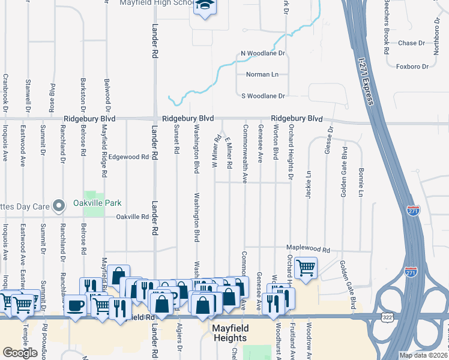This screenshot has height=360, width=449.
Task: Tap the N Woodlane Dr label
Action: (262, 53)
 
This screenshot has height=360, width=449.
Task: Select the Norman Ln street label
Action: (262, 74)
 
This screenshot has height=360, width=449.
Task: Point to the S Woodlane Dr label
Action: (262, 95)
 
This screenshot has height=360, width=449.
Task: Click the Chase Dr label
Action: (411, 43)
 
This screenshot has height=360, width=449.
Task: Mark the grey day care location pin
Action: (58, 206)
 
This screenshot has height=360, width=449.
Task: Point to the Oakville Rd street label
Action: (132, 217)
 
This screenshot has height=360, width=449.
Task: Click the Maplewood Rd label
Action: (309, 250)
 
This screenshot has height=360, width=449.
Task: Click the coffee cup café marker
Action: (76, 305)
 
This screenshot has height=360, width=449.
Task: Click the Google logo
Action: (20, 353)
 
